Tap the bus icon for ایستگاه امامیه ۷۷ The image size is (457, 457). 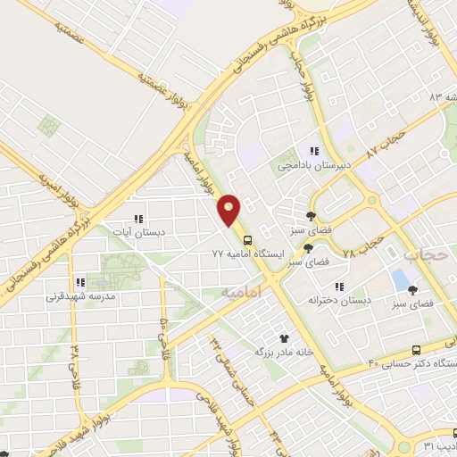[x=247, y=240]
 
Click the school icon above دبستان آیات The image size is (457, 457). [x=137, y=218]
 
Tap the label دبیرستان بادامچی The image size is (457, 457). [x=313, y=165]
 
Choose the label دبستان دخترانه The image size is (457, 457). [x=338, y=300]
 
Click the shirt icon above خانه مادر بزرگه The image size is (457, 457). [x=285, y=338]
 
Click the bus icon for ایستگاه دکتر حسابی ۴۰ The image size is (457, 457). [x=416, y=350]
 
